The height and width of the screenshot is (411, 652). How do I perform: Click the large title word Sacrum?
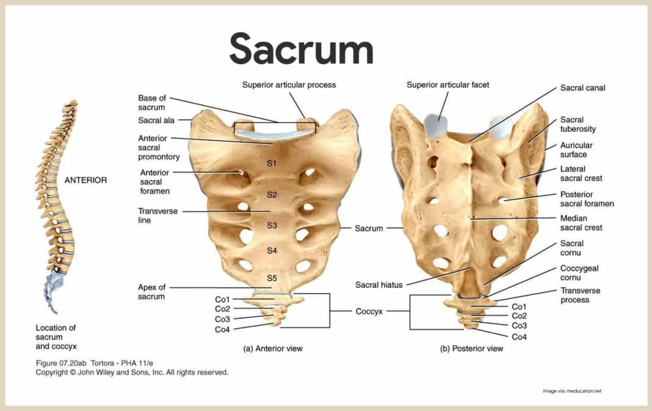click(301, 49)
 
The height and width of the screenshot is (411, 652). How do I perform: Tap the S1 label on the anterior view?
click(272, 164)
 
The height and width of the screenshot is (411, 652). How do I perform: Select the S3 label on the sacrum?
click(272, 225)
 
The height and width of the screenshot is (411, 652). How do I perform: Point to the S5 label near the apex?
click(272, 278)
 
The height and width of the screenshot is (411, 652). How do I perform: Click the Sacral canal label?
click(582, 88)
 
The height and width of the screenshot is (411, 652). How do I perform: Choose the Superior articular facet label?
click(447, 85)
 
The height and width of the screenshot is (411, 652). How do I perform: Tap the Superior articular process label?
click(289, 85)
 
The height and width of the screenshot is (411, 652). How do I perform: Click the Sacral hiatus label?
click(378, 285)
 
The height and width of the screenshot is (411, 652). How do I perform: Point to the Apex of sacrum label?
click(151, 292)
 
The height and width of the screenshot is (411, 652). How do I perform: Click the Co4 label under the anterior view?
click(222, 330)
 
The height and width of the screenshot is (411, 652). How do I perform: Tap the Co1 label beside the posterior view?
click(519, 307)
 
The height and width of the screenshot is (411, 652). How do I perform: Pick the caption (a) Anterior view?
click(273, 349)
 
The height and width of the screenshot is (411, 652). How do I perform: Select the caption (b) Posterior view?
click(472, 349)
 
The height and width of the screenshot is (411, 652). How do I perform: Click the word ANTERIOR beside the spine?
click(85, 180)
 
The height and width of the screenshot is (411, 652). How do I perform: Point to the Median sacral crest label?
click(581, 223)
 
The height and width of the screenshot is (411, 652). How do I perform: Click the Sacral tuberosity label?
click(578, 124)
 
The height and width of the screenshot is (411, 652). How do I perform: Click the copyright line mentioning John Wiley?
click(132, 372)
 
